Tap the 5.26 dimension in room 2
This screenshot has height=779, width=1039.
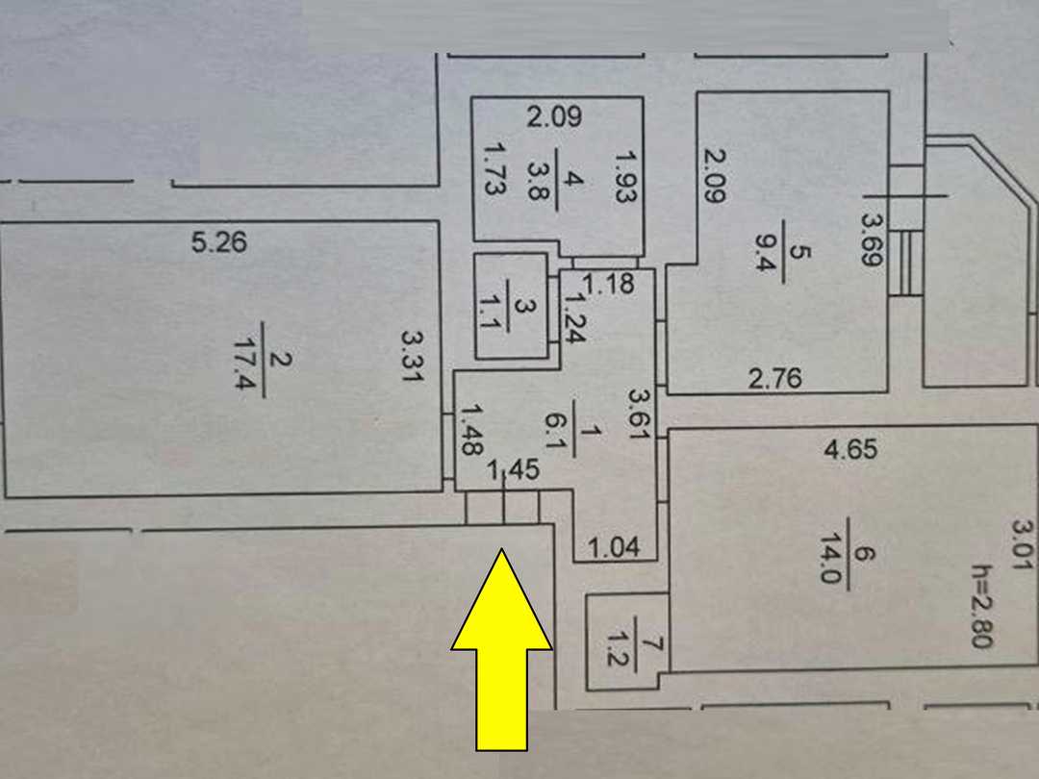pyautogui.click(x=219, y=242)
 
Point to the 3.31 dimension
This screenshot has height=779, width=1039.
pyautogui.click(x=412, y=356)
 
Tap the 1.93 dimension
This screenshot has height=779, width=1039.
pyautogui.click(x=625, y=177)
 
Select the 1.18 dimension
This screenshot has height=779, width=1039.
pyautogui.click(x=609, y=284)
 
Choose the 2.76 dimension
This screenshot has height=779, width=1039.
pyautogui.click(x=775, y=379)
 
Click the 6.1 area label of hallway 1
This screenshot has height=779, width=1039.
pyautogui.click(x=555, y=432)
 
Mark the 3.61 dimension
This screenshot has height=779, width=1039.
pyautogui.click(x=640, y=414)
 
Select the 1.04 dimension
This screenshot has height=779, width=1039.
pyautogui.click(x=614, y=548)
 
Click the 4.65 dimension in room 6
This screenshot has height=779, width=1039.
pyautogui.click(x=850, y=450)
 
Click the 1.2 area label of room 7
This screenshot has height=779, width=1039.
pyautogui.click(x=619, y=648)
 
